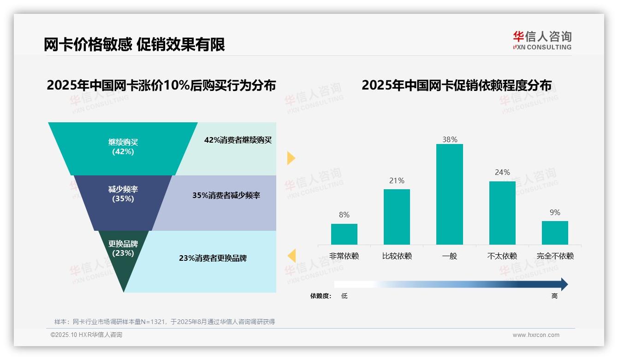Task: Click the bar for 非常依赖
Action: tap(344, 234)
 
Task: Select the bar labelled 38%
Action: tap(449, 194)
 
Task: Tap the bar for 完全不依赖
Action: tap(555, 233)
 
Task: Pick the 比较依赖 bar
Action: tap(397, 216)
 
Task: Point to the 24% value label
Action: tap(502, 173)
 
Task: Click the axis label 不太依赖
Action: tap(502, 256)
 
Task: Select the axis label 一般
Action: tap(449, 256)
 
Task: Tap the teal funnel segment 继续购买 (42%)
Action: tap(123, 148)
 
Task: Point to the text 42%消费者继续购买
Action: tap(238, 140)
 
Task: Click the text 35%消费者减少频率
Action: tap(226, 196)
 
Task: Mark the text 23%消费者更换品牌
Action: tap(213, 258)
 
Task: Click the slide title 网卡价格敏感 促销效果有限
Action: tap(134, 45)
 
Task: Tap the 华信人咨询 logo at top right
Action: tap(542, 40)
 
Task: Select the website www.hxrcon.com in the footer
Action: tap(536, 335)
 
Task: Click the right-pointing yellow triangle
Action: tap(291, 158)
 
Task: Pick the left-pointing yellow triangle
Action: tap(291, 256)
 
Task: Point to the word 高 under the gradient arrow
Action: tap(555, 296)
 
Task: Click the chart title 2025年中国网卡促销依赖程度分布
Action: tap(456, 85)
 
